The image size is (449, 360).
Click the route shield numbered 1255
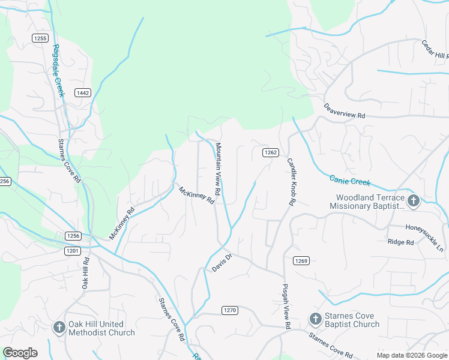point(40,38)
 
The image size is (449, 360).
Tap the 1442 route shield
point(83,92)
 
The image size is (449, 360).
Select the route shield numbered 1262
point(270,152)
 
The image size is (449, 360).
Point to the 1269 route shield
point(301,260)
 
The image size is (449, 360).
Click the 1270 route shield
point(229,310)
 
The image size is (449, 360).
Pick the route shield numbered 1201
point(73,251)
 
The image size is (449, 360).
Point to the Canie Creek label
point(351,180)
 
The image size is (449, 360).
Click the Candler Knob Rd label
point(292,182)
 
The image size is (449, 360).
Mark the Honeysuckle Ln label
point(424,238)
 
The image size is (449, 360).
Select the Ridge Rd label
point(401,242)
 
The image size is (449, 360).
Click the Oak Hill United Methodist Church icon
point(59,328)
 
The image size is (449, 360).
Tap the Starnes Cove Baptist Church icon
point(315,319)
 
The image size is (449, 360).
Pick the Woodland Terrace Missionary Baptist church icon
point(413,201)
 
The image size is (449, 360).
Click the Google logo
point(20,353)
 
